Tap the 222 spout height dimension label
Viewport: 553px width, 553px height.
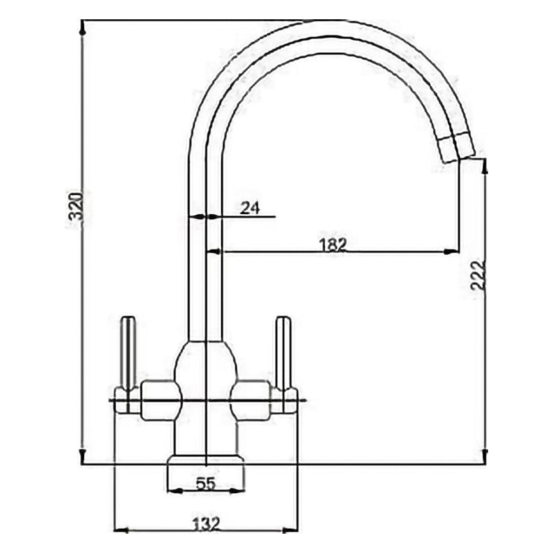tap(477, 275)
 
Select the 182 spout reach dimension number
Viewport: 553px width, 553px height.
tap(332, 244)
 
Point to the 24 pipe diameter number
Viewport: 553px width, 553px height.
tap(249, 208)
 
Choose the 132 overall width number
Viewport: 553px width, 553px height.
tap(206, 523)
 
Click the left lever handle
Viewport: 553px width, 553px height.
tap(129, 354)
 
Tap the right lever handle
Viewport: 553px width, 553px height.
tap(283, 354)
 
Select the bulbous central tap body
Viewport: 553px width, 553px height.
tap(205, 373)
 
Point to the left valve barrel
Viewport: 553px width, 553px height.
tap(158, 400)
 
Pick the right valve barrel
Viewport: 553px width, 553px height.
tap(253, 400)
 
